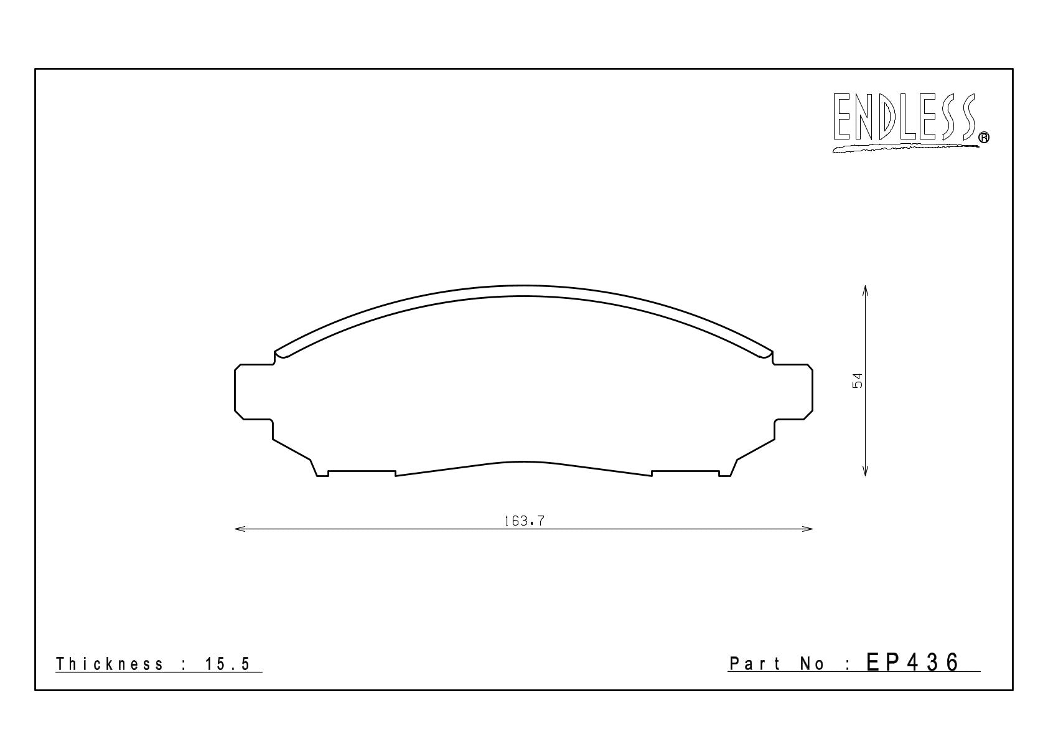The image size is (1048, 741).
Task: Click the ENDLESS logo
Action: pyautogui.click(x=910, y=123)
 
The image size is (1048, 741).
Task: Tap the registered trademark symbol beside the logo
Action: pyautogui.click(x=984, y=137)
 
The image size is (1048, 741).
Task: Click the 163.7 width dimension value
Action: pyautogui.click(x=524, y=521)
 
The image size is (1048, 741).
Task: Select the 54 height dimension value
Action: pyautogui.click(x=857, y=380)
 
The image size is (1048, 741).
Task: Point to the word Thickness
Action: pyautogui.click(x=110, y=664)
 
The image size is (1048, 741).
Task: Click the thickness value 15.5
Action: pyautogui.click(x=228, y=664)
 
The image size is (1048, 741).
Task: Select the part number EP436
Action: pyautogui.click(x=912, y=663)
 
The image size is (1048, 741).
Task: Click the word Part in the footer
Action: pyautogui.click(x=755, y=663)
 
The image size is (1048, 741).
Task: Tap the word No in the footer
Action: pyautogui.click(x=812, y=664)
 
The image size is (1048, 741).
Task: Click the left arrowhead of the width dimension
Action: pyautogui.click(x=240, y=529)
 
